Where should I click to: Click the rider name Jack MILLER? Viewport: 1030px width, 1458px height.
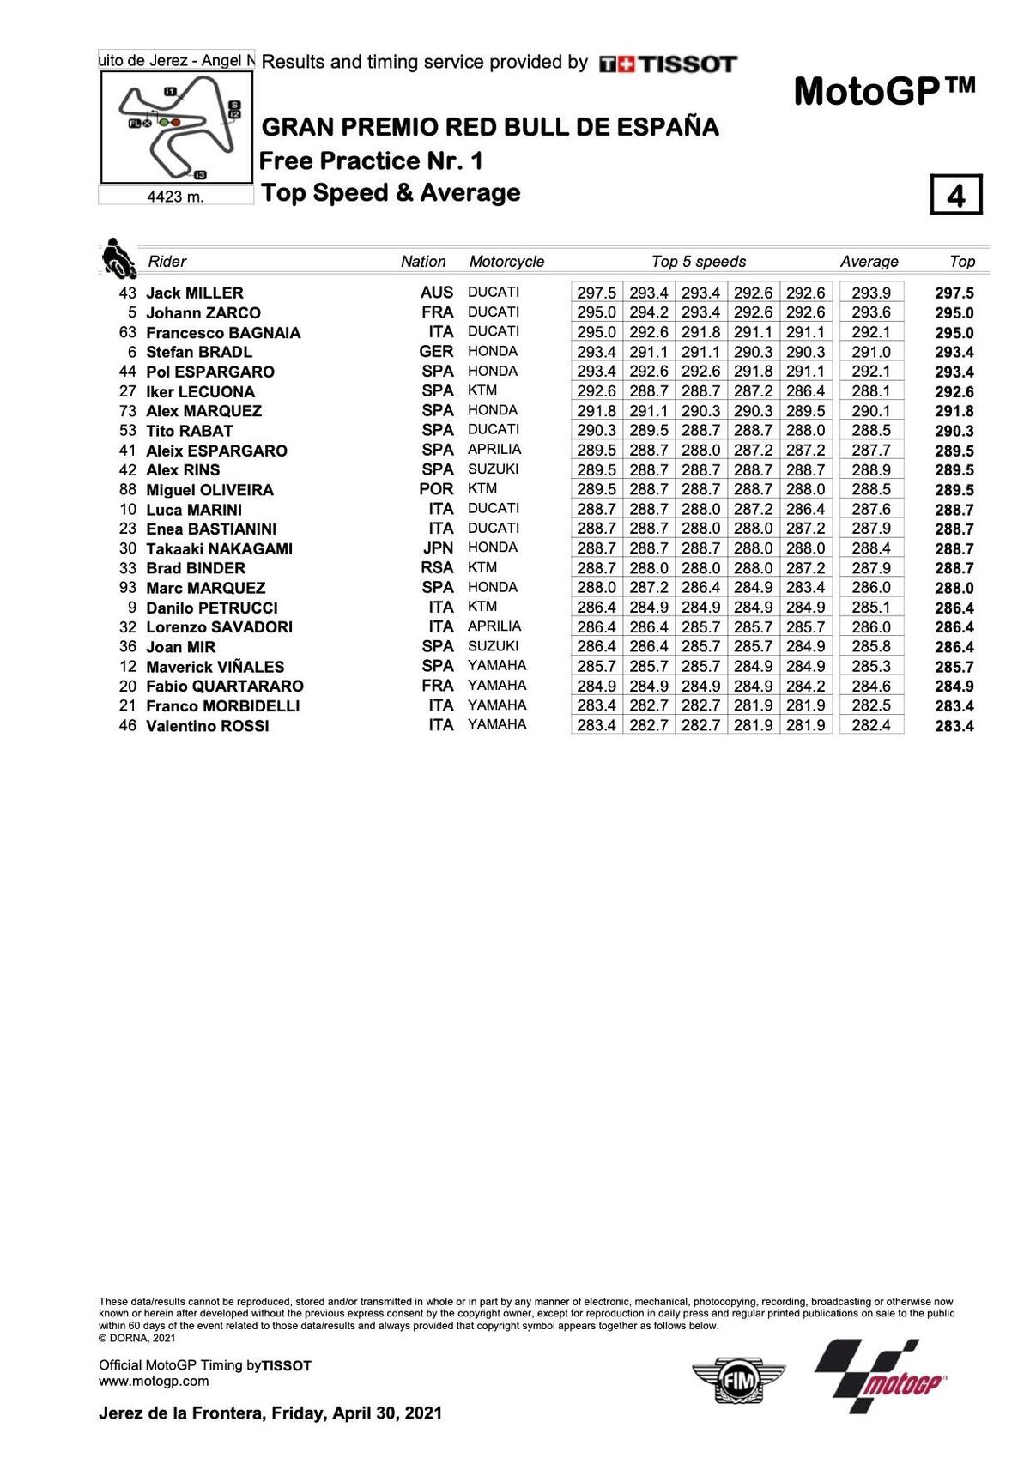click(x=194, y=293)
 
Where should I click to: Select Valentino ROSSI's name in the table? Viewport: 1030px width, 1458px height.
click(x=207, y=726)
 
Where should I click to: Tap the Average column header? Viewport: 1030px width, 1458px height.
click(x=869, y=262)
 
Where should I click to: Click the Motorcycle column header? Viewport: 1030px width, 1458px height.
click(x=506, y=262)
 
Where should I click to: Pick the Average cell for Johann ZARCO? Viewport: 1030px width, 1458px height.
click(x=870, y=312)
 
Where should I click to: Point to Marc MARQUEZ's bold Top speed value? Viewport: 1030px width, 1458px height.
click(x=954, y=588)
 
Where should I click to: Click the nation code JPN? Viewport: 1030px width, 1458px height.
click(x=438, y=548)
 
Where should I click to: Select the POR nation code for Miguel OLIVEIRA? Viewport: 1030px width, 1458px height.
click(x=436, y=489)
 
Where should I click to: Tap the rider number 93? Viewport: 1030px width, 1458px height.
click(x=127, y=588)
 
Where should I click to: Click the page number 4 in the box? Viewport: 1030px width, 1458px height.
click(x=955, y=196)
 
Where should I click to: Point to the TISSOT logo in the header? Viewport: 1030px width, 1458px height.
click(x=668, y=64)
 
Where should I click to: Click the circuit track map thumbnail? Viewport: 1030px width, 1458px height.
click(x=177, y=127)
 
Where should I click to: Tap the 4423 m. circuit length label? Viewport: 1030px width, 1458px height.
click(x=176, y=197)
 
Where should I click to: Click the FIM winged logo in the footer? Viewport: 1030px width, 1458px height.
click(x=739, y=1380)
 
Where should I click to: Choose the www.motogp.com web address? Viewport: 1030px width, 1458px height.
click(x=154, y=1381)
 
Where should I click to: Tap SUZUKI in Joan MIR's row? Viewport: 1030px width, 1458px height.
click(x=493, y=646)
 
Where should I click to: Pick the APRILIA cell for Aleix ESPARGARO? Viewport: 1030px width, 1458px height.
click(x=494, y=450)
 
